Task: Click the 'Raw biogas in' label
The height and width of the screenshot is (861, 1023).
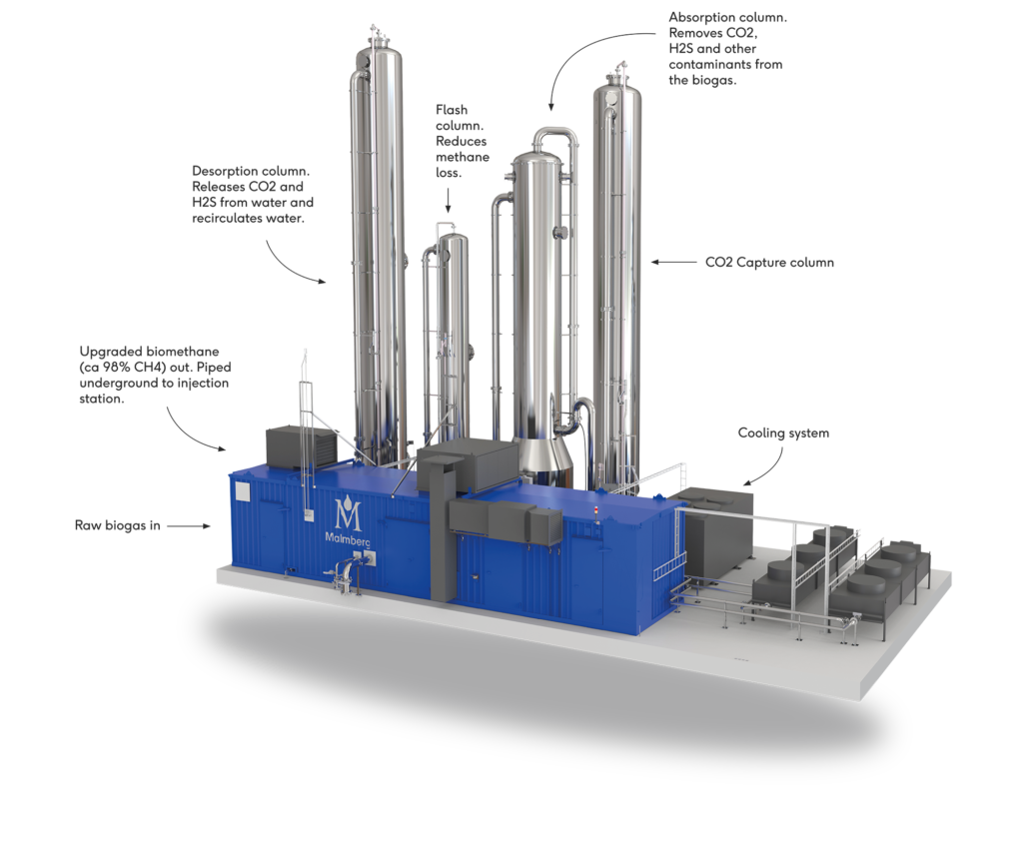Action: point(118,525)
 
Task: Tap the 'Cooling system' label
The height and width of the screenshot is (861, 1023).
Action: point(783,433)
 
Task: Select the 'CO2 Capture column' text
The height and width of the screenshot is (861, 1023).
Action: point(770,263)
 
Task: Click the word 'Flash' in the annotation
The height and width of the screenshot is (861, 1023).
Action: point(452,110)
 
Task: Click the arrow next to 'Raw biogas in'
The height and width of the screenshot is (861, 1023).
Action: point(189,525)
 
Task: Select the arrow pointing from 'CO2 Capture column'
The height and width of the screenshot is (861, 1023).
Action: point(674,263)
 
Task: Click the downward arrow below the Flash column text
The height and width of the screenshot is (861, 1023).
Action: point(449,200)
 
